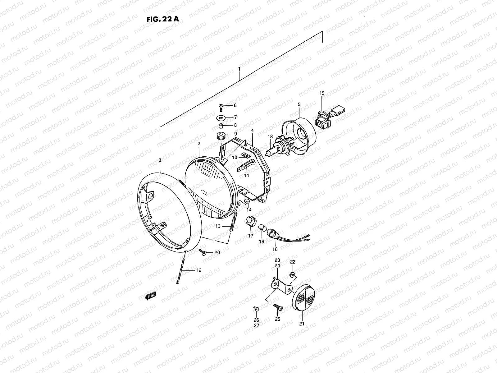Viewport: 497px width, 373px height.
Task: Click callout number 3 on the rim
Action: pos(160,160)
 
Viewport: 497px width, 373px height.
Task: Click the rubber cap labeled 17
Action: pos(250,221)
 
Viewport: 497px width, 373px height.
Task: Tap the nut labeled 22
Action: pos(292,275)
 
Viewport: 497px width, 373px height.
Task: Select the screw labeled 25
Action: pos(277,307)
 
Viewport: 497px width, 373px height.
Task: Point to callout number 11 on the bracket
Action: pos(247,176)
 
